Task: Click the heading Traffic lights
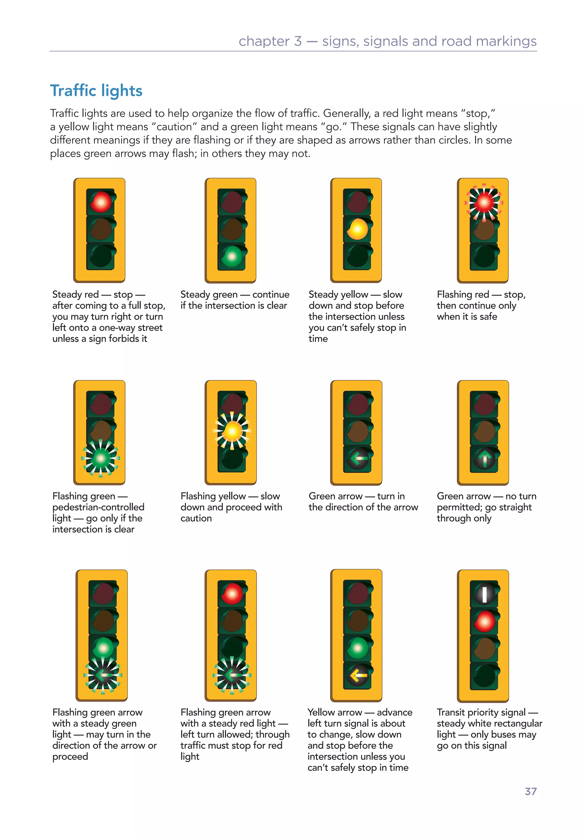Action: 96,91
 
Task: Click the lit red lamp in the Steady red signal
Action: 101,202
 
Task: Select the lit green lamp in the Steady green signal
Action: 231,256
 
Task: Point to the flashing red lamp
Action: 484,202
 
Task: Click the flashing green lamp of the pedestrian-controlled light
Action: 101,458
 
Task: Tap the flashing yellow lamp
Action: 232,431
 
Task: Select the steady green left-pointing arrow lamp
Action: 358,458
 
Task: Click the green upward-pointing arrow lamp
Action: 484,458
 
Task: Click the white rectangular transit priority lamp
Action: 484,594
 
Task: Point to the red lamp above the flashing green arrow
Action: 232,594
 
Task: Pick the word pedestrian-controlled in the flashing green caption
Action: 98,507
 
